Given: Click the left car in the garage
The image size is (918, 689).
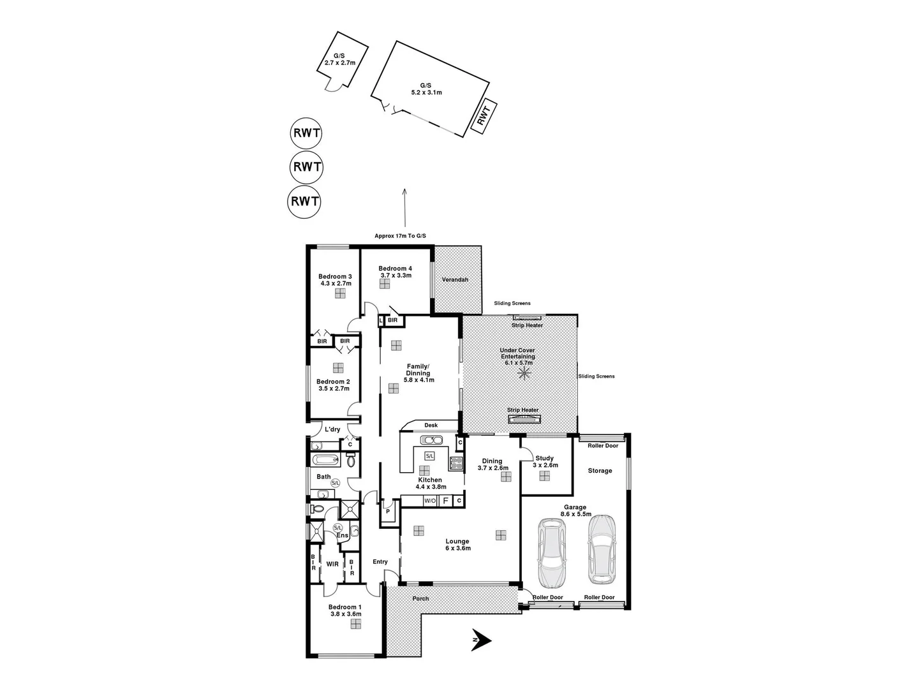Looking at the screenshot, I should [552, 552].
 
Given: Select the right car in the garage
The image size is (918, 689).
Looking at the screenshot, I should [601, 549].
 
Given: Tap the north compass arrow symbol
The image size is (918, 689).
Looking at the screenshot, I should [480, 640].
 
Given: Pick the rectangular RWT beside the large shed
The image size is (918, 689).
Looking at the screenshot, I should [484, 116].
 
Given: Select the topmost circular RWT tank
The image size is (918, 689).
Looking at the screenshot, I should [306, 134].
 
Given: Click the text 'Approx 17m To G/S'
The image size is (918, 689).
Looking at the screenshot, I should [400, 236].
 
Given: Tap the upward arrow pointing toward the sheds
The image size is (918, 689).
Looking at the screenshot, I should [404, 204].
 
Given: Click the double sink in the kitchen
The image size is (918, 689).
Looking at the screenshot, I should [432, 440].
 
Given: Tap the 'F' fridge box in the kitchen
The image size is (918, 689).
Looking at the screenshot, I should [446, 501].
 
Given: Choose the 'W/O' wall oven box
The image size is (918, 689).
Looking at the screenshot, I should [429, 501].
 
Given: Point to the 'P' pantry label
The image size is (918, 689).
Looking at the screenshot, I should [387, 512].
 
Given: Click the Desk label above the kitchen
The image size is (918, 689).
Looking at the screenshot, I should [431, 425].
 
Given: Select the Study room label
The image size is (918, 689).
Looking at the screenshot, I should [544, 458].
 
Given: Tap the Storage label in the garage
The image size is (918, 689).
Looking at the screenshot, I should [600, 471].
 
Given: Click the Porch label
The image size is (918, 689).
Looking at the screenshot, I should [420, 598].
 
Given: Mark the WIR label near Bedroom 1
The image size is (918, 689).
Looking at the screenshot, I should [332, 564].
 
